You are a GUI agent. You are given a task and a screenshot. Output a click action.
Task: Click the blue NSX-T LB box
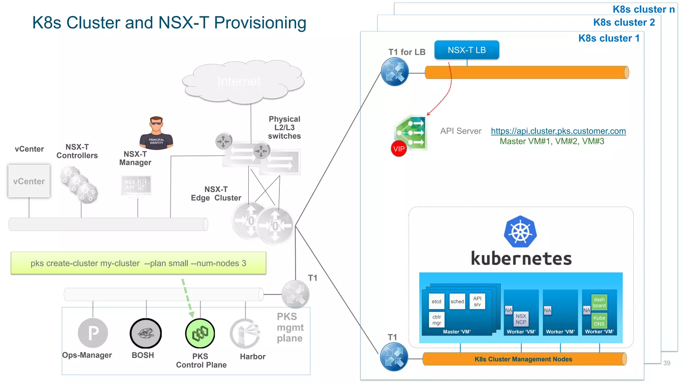pos(467,50)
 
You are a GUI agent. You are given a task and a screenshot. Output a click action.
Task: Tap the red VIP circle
pos(399,149)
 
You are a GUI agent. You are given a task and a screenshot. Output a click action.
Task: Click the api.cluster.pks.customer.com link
pos(558,131)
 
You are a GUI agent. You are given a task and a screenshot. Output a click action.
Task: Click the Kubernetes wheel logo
pos(520,232)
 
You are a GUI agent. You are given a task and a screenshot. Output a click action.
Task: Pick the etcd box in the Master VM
pos(436,301)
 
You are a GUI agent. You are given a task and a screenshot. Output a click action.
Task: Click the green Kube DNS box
pos(599,321)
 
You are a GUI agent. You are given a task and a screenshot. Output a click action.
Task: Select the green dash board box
pos(599,302)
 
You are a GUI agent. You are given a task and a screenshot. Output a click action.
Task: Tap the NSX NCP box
pos(521,319)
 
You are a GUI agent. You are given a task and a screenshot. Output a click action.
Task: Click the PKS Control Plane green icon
pos(200,333)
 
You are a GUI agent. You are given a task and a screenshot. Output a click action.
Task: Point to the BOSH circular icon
pos(146,333)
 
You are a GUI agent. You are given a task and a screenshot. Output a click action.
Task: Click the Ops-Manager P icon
pos(93,333)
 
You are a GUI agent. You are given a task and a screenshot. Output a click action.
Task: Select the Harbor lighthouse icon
pos(245,333)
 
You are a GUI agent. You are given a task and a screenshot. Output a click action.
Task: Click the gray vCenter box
pos(29,181)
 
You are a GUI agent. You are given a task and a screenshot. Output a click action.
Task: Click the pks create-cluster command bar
pos(138,263)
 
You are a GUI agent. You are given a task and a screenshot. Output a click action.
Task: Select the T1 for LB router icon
pos(395,72)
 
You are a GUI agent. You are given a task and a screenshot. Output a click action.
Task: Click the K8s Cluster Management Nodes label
pos(523,359)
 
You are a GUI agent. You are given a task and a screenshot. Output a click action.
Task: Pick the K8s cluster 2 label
pos(624,22)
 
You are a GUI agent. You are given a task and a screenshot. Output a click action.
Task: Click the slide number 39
pos(667,363)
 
